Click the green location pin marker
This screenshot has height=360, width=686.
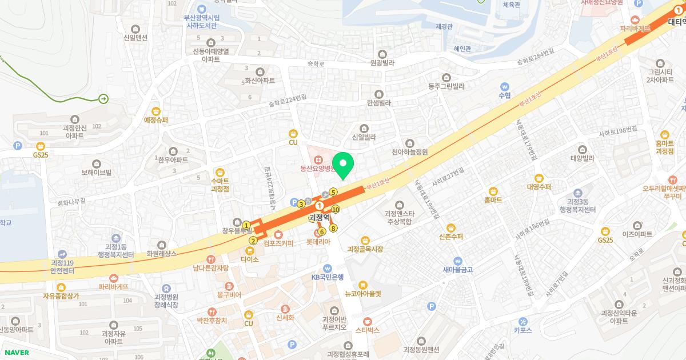(x=343, y=166)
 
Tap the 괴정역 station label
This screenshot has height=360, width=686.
(x=320, y=218)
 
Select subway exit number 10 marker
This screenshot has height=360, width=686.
(x=336, y=209)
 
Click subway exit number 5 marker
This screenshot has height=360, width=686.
(x=333, y=192)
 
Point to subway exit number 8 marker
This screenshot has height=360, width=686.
(x=333, y=229)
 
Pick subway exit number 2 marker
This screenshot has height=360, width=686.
(x=253, y=241)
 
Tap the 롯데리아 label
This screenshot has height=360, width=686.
(x=318, y=242)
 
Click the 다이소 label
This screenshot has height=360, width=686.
(x=250, y=259)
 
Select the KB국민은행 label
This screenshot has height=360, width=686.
(x=328, y=277)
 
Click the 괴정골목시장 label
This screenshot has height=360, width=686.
(x=365, y=249)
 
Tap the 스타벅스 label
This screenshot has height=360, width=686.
(x=367, y=330)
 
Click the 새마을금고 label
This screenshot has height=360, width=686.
(x=457, y=269)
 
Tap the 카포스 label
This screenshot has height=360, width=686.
(x=523, y=330)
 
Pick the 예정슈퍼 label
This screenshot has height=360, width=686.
(x=156, y=120)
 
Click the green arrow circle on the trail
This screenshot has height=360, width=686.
(x=103, y=99)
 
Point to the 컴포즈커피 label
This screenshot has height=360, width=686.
(x=278, y=243)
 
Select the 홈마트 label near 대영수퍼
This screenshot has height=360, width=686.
(x=493, y=200)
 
